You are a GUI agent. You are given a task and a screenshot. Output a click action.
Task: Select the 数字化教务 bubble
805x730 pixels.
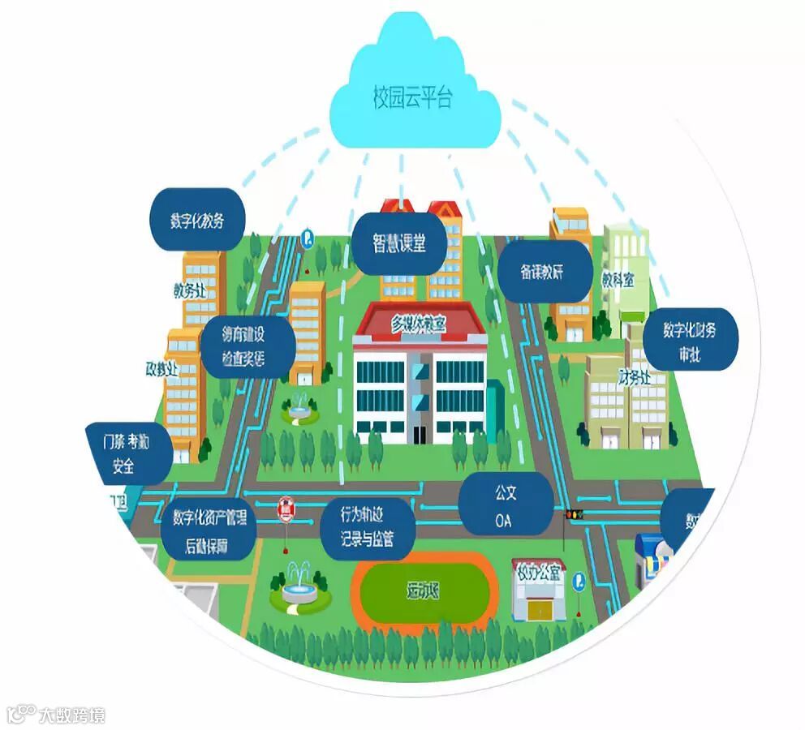[196, 220]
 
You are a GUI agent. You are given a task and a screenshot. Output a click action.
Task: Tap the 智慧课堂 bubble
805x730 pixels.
[399, 243]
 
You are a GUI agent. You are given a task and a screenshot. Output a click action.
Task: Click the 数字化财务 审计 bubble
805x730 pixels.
[689, 341]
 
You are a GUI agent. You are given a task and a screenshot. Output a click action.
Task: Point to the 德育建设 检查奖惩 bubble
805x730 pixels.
[244, 346]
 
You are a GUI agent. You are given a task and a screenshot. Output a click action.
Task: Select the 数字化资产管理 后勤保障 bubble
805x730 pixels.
[209, 530]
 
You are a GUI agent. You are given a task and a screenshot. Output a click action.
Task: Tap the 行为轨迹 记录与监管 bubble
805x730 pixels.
[368, 526]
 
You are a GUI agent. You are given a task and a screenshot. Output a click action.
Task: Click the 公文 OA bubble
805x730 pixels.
[506, 505]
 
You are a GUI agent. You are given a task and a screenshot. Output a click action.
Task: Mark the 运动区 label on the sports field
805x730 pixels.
[423, 590]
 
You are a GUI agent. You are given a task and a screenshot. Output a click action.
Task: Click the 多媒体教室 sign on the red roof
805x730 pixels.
[419, 321]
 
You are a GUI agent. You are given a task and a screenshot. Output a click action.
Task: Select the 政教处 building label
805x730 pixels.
[161, 369]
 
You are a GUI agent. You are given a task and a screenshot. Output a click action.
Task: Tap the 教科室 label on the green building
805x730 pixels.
[618, 280]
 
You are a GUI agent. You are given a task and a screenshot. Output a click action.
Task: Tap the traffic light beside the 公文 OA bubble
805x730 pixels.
[574, 514]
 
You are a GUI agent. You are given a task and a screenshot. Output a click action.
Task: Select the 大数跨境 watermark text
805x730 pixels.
[72, 715]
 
